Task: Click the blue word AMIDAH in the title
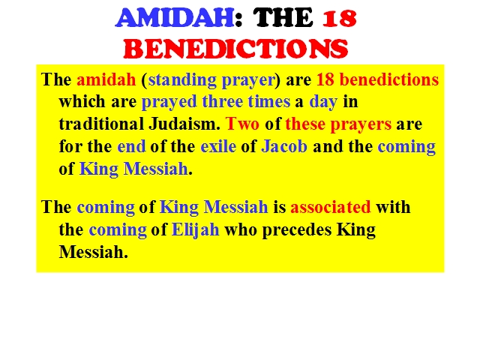[x=175, y=18]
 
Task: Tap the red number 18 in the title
[x=340, y=18]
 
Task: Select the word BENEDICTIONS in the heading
[x=235, y=48]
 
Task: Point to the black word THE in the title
[x=283, y=18]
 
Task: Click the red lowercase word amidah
[x=106, y=79]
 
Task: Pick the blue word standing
[x=182, y=80]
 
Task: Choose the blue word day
[x=323, y=102]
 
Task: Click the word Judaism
[x=184, y=124]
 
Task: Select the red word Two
[x=242, y=124]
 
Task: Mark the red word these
[x=305, y=124]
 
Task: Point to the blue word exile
[x=218, y=146]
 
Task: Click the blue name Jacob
[x=284, y=146]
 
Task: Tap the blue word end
[x=131, y=146]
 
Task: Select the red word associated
[x=331, y=207]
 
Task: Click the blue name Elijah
[x=196, y=230]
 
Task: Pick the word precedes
[x=297, y=230]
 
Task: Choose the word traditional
[x=101, y=124]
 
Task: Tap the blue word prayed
[x=169, y=102]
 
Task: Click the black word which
[x=82, y=102]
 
